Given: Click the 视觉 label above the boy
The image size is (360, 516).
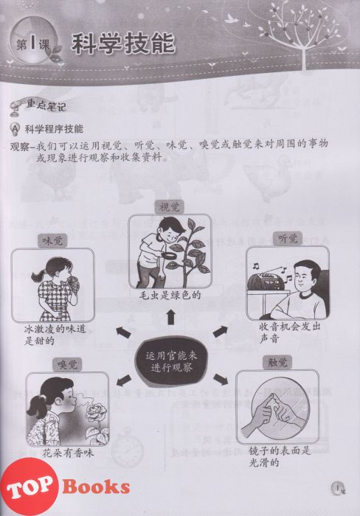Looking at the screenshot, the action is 169,207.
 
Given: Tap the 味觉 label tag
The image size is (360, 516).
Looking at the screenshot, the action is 52,240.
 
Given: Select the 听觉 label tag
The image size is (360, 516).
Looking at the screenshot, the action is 288,238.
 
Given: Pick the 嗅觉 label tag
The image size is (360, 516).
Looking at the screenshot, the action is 67,364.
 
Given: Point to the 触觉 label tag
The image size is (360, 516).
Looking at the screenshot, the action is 277,363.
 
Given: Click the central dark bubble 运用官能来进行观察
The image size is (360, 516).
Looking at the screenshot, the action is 171,361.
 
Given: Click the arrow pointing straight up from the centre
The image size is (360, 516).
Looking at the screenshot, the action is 170,317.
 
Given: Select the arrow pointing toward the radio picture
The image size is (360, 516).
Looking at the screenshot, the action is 221,331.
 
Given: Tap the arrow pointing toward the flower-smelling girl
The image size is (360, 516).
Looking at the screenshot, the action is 124,380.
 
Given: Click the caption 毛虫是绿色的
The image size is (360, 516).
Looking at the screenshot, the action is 170,295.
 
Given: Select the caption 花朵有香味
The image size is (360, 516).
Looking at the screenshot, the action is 68,453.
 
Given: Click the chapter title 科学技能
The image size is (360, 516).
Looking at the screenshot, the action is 123,43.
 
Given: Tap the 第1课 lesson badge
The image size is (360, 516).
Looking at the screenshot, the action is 32,43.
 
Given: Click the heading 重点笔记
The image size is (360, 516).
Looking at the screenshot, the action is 46,105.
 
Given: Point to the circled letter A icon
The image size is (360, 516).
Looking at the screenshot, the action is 15,129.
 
